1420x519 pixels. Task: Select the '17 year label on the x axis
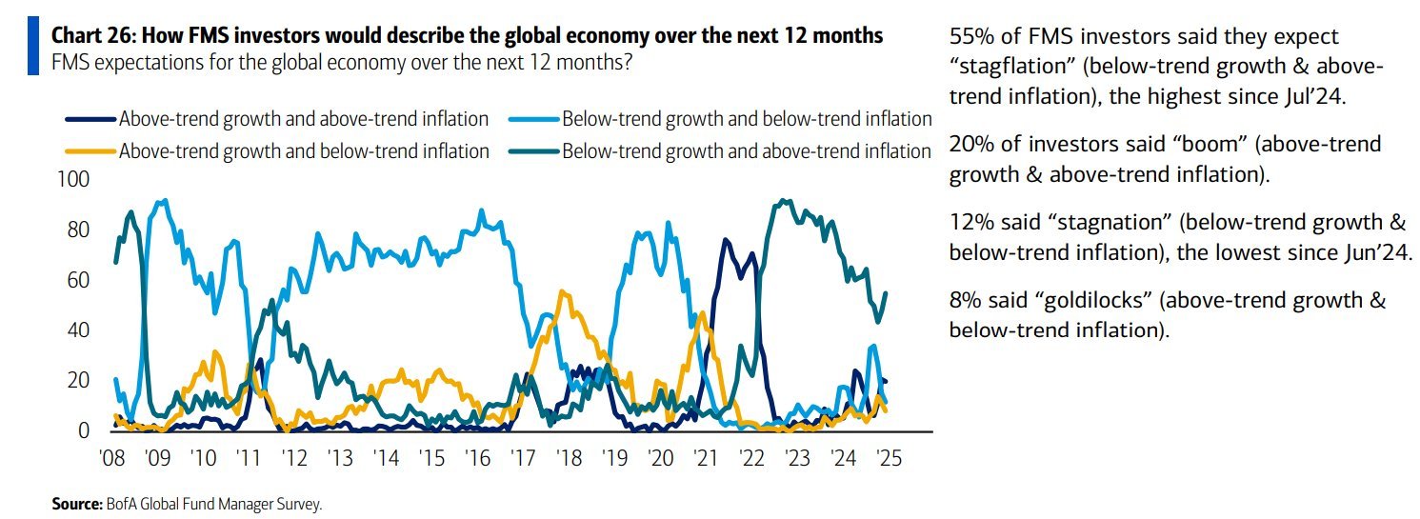(523, 459)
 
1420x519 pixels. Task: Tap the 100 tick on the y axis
(74, 180)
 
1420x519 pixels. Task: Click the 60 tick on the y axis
(79, 280)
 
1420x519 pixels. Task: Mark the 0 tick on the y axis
(85, 431)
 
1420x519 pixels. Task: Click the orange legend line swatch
(90, 151)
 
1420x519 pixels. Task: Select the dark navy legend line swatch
(90, 120)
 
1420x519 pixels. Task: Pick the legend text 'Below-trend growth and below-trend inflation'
(747, 120)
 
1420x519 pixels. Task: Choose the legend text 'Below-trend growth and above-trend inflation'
(747, 151)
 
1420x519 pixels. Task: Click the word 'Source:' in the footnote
(76, 505)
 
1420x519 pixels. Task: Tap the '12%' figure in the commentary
(970, 223)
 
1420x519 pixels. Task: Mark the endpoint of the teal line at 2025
(887, 293)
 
